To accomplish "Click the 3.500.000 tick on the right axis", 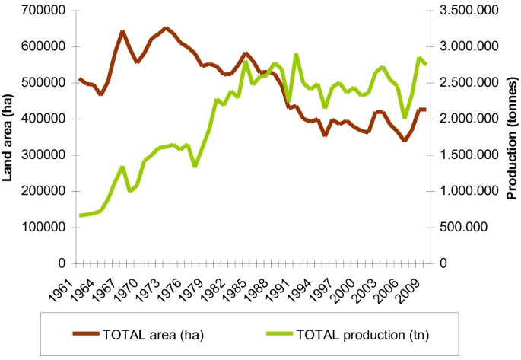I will click(x=466, y=11).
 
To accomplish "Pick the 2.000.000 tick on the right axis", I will click(x=466, y=119).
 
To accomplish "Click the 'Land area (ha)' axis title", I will click(x=10, y=137).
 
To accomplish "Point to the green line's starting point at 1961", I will click(x=80, y=215).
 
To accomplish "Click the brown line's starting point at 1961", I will click(x=80, y=78).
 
